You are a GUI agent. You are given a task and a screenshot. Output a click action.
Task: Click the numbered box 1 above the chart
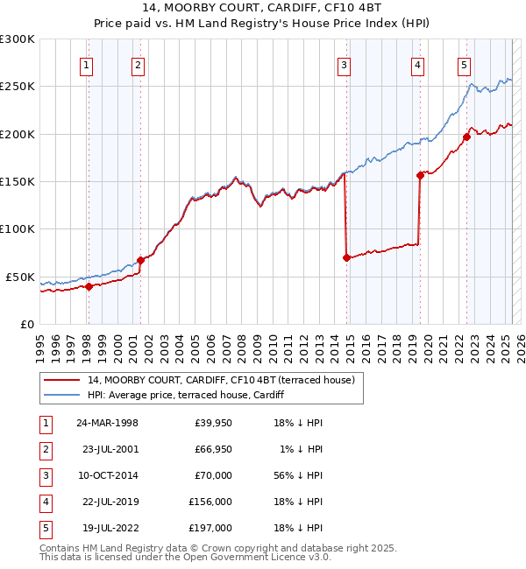tap(88, 64)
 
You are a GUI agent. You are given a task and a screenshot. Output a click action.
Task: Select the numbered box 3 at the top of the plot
tap(345, 64)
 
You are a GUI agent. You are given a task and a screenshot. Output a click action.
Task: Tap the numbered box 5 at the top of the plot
tap(464, 64)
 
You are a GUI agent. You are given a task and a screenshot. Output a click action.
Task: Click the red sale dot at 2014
tap(347, 257)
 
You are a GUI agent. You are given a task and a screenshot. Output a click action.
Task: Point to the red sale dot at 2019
tap(420, 175)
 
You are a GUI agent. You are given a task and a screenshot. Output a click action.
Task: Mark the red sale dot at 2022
tap(467, 137)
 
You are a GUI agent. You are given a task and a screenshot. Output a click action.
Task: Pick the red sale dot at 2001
tap(140, 260)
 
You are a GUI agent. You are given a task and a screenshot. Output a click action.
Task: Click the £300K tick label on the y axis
tap(18, 39)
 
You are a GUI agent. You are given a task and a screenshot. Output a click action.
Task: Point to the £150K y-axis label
tap(18, 181)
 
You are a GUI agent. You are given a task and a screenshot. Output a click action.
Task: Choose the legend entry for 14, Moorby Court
tap(220, 380)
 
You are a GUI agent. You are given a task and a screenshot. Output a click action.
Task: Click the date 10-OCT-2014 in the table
tap(108, 475)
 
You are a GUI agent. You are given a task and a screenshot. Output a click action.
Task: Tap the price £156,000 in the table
tap(210, 502)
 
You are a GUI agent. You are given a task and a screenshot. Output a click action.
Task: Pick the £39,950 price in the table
tap(213, 423)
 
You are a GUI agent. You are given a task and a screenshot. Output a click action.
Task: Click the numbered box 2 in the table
tap(45, 449)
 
